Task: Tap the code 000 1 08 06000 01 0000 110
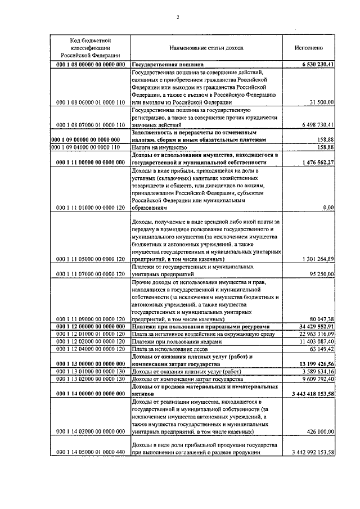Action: (90, 102)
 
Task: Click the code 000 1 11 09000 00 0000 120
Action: (90, 318)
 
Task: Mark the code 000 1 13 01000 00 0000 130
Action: (90, 371)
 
